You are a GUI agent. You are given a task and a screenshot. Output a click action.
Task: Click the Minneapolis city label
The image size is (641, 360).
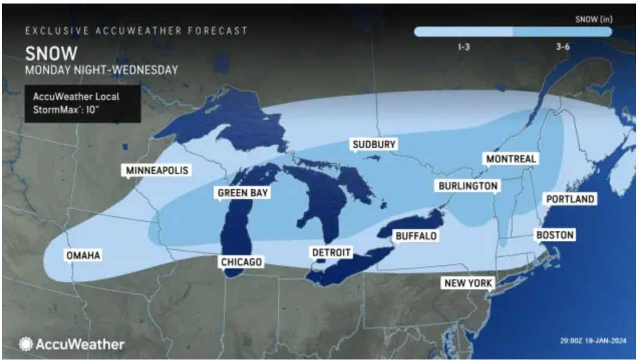pyautogui.click(x=157, y=170)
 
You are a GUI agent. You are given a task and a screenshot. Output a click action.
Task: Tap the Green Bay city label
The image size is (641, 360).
pyautogui.click(x=243, y=193)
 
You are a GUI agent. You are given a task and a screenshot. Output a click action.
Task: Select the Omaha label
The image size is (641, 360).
pyautogui.click(x=83, y=255)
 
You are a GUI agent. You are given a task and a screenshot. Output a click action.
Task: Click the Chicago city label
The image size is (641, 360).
pyautogui.click(x=241, y=262)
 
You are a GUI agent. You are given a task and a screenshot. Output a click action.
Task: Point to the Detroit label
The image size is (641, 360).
pyautogui.click(x=331, y=252)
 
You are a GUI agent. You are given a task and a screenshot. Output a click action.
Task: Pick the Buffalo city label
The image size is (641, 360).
pyautogui.click(x=416, y=235)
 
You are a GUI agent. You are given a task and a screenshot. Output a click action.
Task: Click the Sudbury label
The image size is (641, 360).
pyautogui.click(x=374, y=145)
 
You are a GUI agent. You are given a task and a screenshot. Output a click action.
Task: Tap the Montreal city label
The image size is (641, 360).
pyautogui.click(x=511, y=159)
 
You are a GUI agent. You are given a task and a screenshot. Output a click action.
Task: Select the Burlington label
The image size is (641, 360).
pyautogui.click(x=468, y=186)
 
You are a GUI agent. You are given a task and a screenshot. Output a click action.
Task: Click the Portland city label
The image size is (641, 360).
pyautogui.click(x=570, y=199)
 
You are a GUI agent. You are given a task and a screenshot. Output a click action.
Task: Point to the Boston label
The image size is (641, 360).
pyautogui.click(x=555, y=235)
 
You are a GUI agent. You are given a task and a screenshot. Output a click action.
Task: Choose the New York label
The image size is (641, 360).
pyautogui.click(x=469, y=283)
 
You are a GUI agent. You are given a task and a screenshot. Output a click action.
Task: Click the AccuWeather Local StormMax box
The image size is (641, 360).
pyautogui.click(x=83, y=104)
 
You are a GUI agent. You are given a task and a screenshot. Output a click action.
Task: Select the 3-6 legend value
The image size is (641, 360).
pyautogui.click(x=562, y=47)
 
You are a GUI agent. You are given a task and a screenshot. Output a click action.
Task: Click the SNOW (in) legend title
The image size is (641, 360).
pyautogui.click(x=593, y=20)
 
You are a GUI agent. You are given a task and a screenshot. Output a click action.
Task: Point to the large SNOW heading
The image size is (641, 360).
pyautogui.click(x=51, y=53)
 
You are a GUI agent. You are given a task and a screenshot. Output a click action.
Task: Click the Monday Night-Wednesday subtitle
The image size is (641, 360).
pyautogui.click(x=102, y=70)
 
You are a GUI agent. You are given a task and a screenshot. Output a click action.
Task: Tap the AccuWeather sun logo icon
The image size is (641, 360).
pyautogui.click(x=26, y=344)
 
